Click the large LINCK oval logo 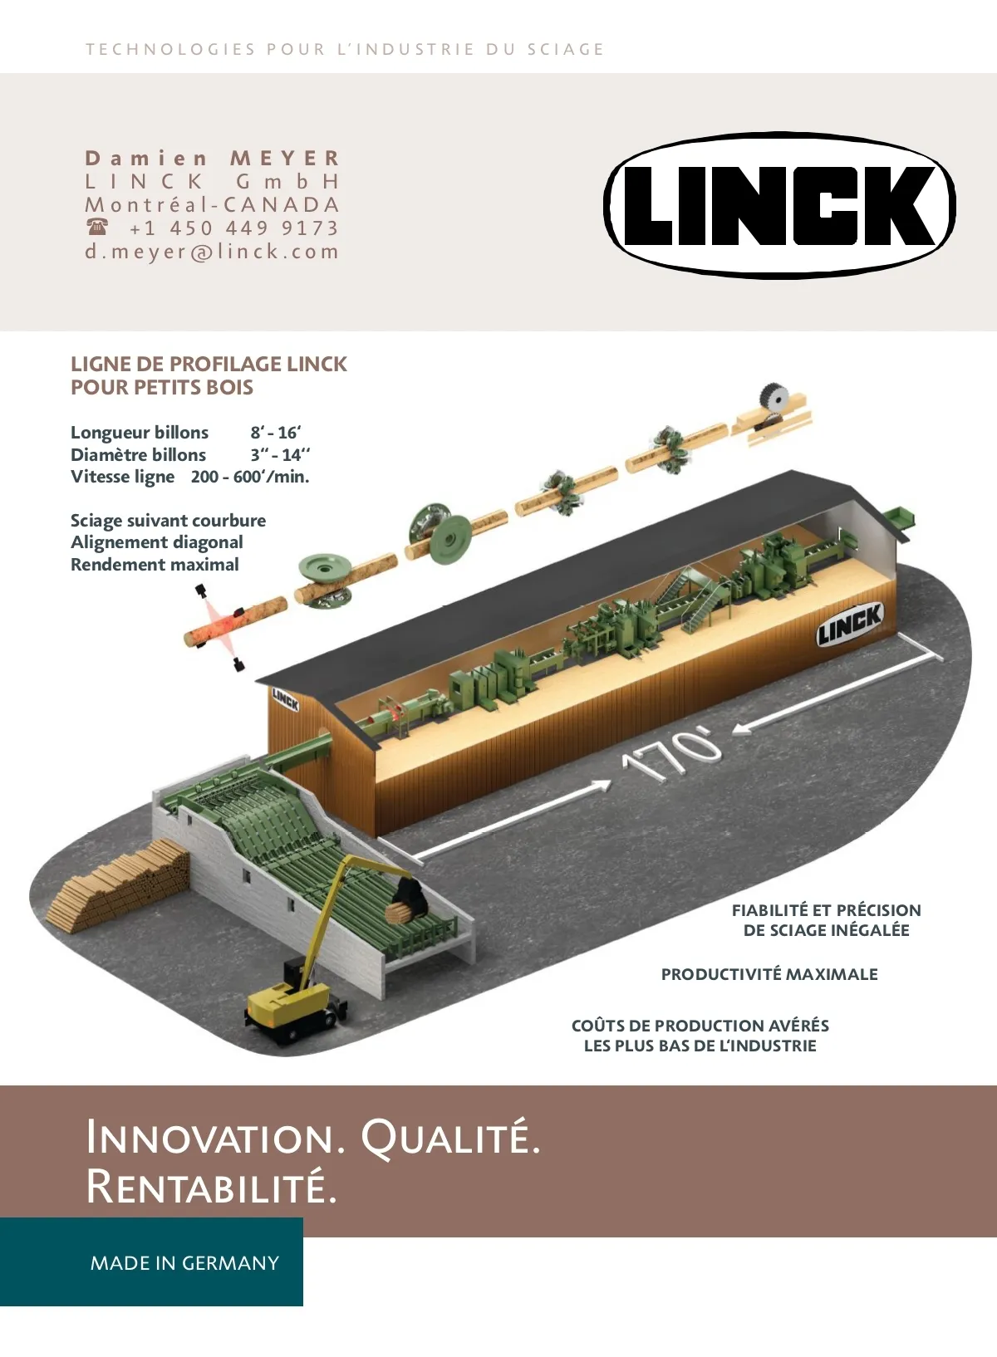[x=779, y=205]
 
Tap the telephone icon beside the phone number [x=97, y=227]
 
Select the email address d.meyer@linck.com [x=212, y=252]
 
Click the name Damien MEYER [x=213, y=158]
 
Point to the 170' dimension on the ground [x=671, y=753]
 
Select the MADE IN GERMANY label [x=184, y=1262]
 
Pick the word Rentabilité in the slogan [x=212, y=1186]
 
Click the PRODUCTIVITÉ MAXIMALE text [x=769, y=974]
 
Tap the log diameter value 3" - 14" [x=280, y=454]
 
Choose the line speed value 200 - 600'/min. [x=249, y=477]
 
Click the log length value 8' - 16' [x=276, y=432]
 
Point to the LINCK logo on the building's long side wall [x=849, y=624]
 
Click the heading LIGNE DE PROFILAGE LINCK [x=209, y=364]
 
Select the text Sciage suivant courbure [x=168, y=521]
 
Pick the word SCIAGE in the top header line [x=565, y=49]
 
